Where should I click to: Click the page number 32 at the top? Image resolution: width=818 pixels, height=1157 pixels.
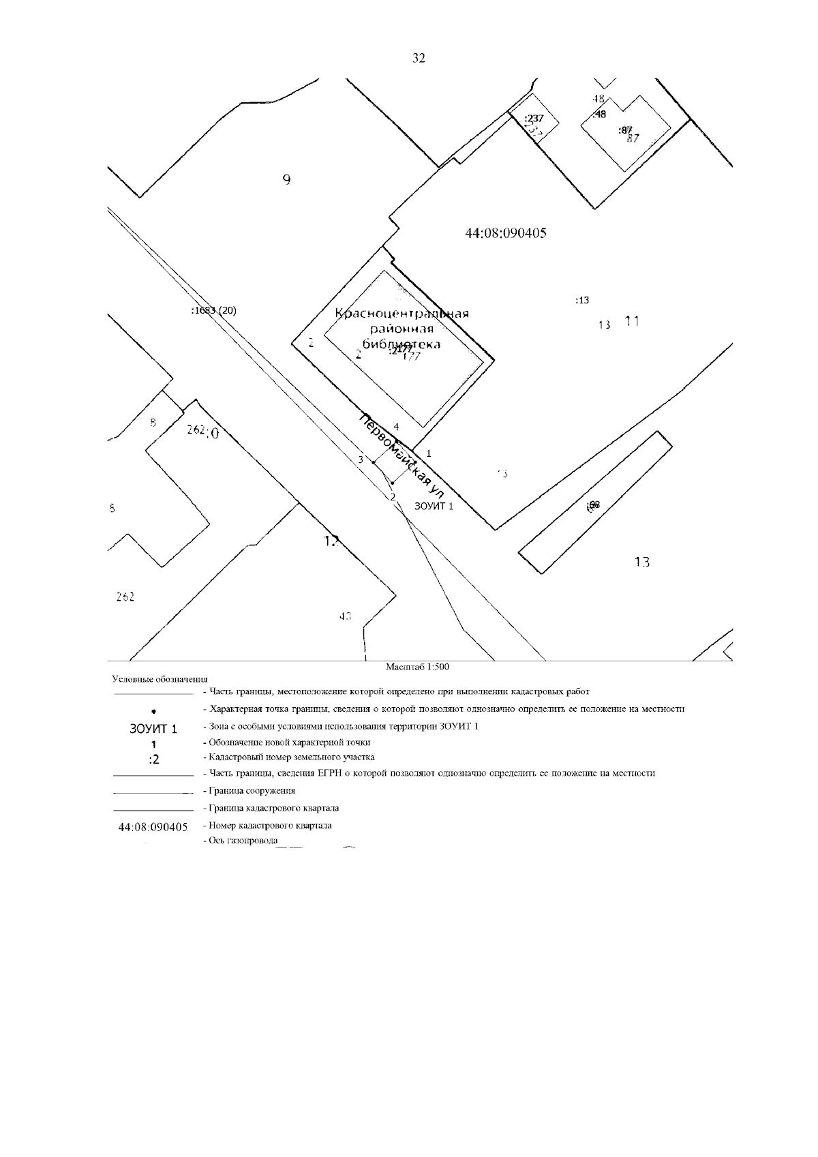point(419,59)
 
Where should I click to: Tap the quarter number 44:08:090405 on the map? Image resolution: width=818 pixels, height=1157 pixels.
point(505,233)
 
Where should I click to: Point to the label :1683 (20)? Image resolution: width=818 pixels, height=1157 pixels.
point(214,310)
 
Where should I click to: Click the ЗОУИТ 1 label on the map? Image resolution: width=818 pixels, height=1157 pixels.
point(434,506)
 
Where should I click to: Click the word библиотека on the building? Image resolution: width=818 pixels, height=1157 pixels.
point(401,344)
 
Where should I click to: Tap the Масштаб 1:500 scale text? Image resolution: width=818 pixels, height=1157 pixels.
point(417,667)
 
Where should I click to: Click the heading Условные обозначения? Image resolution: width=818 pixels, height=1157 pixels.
point(160,679)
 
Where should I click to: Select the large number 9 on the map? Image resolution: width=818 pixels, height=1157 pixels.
point(287,180)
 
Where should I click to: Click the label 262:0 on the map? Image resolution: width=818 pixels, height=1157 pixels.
point(203,432)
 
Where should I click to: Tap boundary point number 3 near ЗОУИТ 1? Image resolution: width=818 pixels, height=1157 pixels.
point(361,460)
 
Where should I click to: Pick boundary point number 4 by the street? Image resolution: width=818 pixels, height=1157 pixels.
point(396,426)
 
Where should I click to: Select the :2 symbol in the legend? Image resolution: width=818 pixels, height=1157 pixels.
point(153,760)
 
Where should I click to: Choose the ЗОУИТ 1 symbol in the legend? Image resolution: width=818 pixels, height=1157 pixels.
point(153,729)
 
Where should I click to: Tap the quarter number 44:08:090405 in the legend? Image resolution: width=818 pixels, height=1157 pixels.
point(153,827)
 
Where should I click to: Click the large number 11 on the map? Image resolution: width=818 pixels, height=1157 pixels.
point(632,320)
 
